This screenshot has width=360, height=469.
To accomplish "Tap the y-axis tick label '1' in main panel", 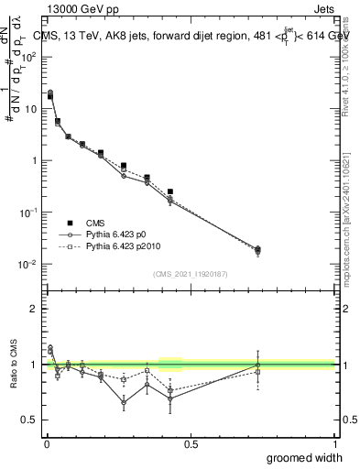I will click(33, 161).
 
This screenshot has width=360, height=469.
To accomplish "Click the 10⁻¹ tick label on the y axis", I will click(27, 213).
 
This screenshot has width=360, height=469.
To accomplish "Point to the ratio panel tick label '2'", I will click(34, 309).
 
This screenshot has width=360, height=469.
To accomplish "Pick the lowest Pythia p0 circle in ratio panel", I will click(124, 402).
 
